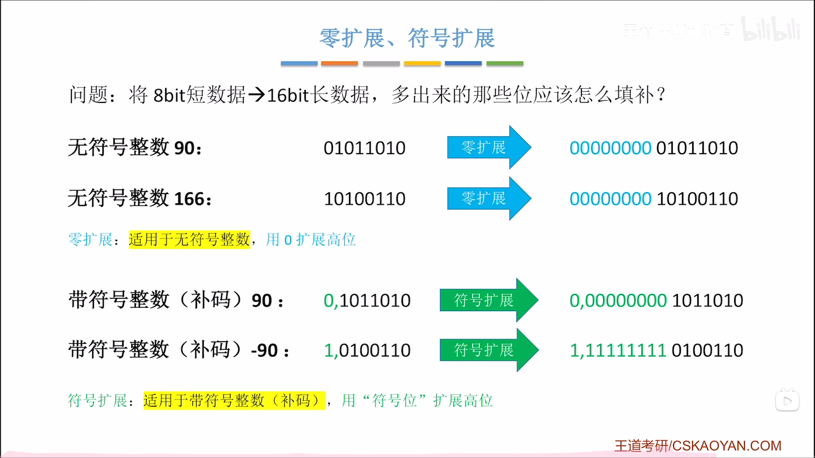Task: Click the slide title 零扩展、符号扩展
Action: (407, 38)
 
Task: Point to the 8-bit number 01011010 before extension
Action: (364, 148)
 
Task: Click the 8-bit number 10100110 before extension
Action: (364, 199)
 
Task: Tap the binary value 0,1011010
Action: (367, 301)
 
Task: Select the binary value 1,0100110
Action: (367, 351)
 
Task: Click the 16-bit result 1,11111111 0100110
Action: (656, 351)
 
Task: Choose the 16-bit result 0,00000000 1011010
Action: (656, 301)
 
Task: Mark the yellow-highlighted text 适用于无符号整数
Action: (189, 239)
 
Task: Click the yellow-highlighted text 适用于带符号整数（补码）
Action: (234, 400)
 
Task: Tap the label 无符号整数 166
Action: (139, 199)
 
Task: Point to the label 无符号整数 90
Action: (134, 148)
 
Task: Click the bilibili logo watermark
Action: (770, 30)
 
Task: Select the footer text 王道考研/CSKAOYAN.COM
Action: (698, 446)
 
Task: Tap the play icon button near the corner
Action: (787, 401)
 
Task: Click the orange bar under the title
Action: (339, 63)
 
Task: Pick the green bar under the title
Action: (505, 63)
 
